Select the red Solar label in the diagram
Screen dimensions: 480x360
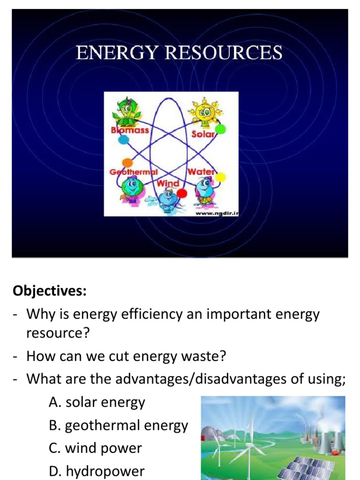point(202,134)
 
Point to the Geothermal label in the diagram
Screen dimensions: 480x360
point(133,172)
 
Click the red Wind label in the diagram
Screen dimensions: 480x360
point(168,183)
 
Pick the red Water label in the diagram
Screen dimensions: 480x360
point(201,172)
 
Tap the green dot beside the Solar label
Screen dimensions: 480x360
point(220,129)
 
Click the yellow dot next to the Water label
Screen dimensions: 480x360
point(220,177)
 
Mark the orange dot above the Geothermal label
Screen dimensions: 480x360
point(127,163)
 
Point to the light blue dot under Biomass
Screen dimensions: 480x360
point(123,139)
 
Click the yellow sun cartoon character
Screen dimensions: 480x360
point(205,112)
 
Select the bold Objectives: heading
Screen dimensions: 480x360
point(50,291)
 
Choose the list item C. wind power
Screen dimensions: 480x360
point(95,448)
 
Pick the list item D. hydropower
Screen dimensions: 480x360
point(97,471)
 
